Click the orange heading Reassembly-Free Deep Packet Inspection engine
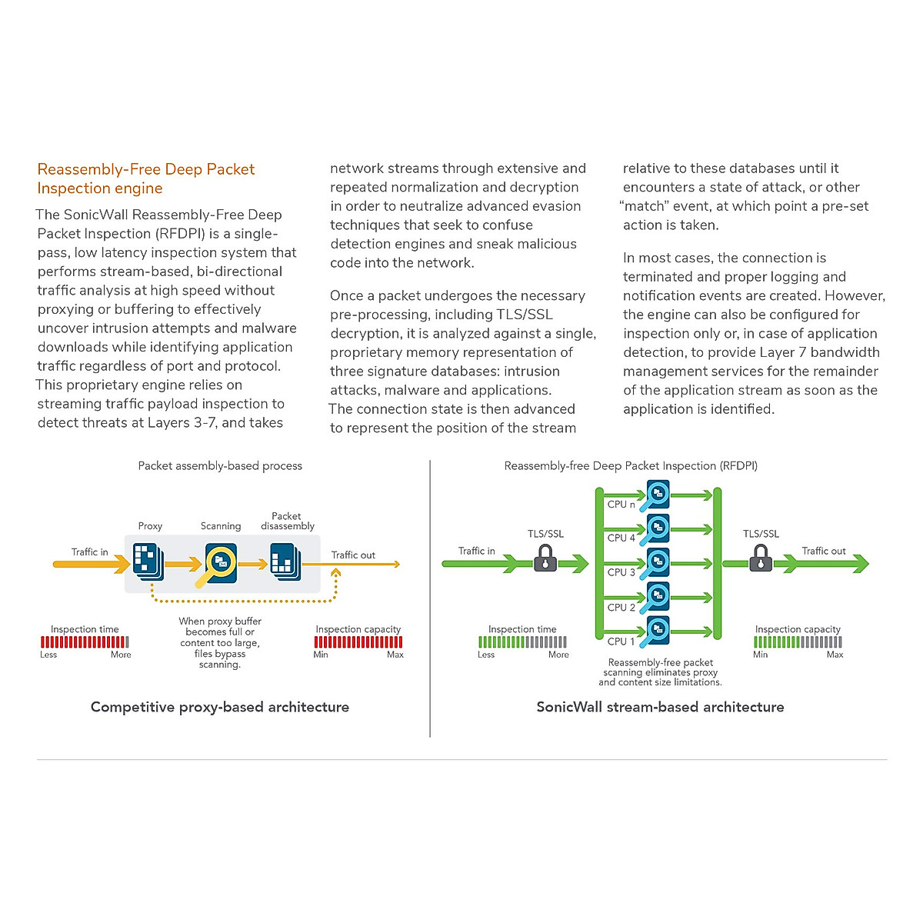pyautogui.click(x=145, y=178)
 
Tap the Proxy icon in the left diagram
pyautogui.click(x=146, y=561)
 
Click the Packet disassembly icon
pyautogui.click(x=285, y=561)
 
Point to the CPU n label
pyautogui.click(x=621, y=505)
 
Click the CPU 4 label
pyautogui.click(x=621, y=538)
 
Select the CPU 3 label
pyautogui.click(x=621, y=572)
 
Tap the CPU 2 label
pyautogui.click(x=621, y=608)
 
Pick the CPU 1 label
pyautogui.click(x=621, y=641)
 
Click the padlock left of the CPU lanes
pyautogui.click(x=545, y=558)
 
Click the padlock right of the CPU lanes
pyautogui.click(x=761, y=558)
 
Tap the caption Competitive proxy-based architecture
pyautogui.click(x=220, y=707)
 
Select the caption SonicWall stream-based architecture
pyautogui.click(x=660, y=707)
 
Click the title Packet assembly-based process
pyautogui.click(x=220, y=465)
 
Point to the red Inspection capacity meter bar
pyautogui.click(x=358, y=642)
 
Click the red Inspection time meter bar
pyautogui.click(x=85, y=642)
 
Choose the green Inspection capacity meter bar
pyautogui.click(x=798, y=642)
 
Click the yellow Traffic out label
pyautogui.click(x=353, y=555)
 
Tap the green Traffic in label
pyautogui.click(x=476, y=551)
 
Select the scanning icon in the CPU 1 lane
pyautogui.click(x=658, y=631)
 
